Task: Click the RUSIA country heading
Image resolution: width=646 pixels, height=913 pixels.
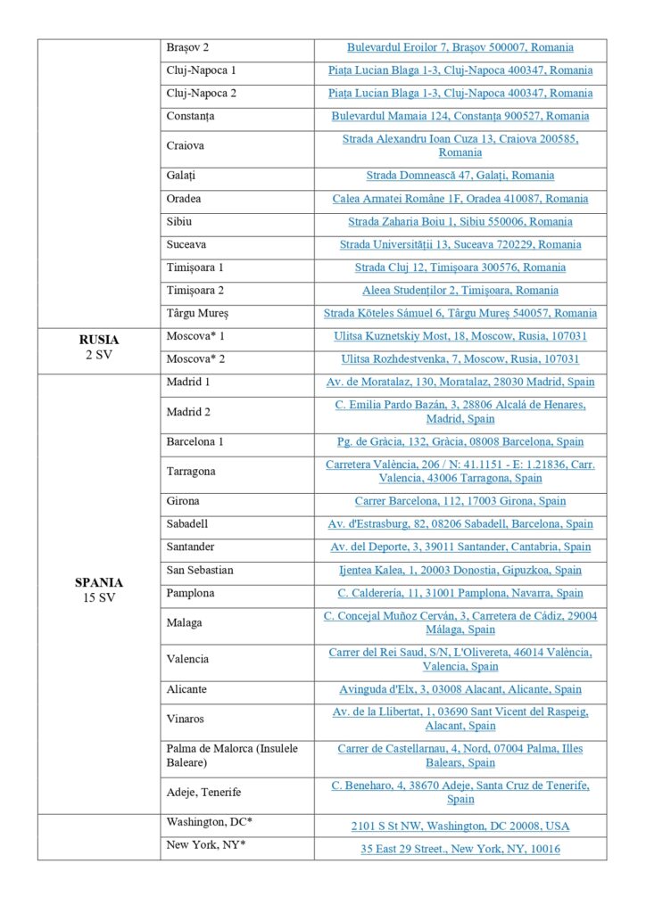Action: click(x=99, y=340)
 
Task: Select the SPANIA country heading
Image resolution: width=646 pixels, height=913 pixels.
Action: click(x=99, y=583)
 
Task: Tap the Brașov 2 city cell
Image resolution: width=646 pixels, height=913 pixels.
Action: click(x=187, y=47)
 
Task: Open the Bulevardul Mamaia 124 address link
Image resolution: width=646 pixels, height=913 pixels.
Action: click(x=460, y=116)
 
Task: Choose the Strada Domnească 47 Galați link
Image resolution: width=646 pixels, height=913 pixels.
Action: click(x=460, y=176)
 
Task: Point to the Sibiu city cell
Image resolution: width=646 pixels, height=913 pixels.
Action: click(x=179, y=221)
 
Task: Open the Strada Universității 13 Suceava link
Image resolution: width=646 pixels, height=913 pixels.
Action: click(x=460, y=244)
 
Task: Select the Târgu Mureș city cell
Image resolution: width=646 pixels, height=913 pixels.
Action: click(x=197, y=313)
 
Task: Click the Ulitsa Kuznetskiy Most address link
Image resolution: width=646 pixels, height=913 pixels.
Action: click(x=460, y=336)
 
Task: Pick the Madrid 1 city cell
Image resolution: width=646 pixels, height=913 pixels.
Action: click(x=188, y=382)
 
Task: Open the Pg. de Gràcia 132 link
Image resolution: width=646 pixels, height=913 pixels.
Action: click(x=460, y=441)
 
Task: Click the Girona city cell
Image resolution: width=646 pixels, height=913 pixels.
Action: click(x=183, y=501)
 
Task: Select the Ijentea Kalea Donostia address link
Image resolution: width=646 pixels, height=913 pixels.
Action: click(x=460, y=570)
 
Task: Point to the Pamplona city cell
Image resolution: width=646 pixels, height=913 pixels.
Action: click(x=190, y=593)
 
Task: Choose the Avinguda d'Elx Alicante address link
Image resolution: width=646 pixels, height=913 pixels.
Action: click(x=460, y=689)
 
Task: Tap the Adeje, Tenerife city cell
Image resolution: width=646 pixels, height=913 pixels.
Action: click(x=203, y=792)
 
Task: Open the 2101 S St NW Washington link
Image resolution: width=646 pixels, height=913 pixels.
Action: click(x=460, y=827)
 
